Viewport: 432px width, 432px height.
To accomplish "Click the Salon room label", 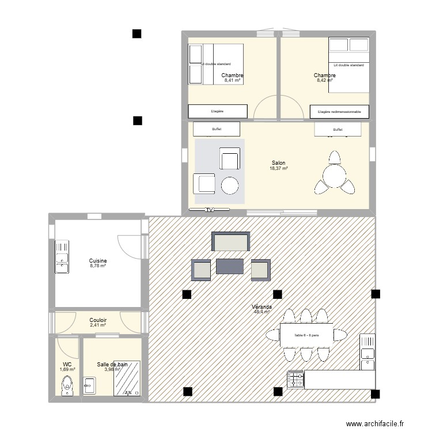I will pos(279,163).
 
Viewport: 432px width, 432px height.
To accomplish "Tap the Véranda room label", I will pos(262,308).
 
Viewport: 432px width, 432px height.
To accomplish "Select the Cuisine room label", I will pos(98,261).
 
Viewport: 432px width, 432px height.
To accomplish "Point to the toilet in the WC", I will pos(67,384).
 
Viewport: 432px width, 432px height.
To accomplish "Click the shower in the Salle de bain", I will pos(127,378).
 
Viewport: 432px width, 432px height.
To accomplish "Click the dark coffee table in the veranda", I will pos(230,266).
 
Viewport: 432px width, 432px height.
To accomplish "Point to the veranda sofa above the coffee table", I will pos(230,242).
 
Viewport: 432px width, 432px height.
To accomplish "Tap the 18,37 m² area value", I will pos(279,168).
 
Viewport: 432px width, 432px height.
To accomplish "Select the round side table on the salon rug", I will pos(230,185).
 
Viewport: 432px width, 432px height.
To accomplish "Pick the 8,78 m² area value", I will pos(98,266).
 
